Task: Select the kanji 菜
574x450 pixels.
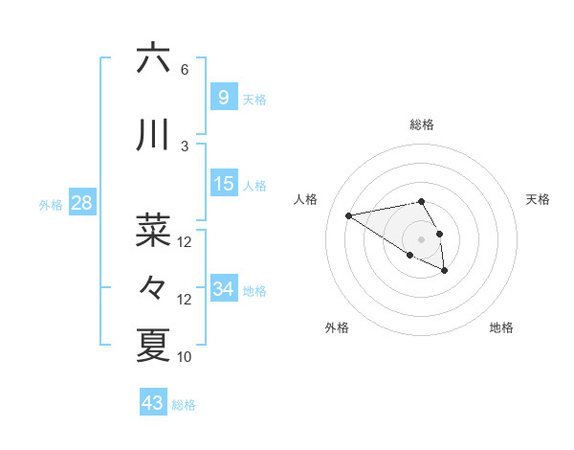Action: click(153, 230)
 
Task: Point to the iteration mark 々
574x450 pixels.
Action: click(153, 286)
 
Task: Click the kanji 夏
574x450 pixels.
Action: click(153, 345)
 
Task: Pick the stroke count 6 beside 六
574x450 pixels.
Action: click(185, 70)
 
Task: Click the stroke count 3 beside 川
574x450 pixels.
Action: click(185, 146)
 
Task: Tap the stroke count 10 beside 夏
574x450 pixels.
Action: click(185, 357)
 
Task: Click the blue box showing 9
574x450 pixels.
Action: click(223, 98)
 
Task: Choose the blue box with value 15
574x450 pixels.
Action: click(224, 184)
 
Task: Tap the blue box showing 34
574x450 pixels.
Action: click(224, 289)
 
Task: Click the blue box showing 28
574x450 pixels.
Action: click(80, 203)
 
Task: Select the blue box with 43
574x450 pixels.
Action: click(152, 403)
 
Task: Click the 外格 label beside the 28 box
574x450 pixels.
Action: click(50, 204)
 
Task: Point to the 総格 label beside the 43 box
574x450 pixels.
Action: click(184, 405)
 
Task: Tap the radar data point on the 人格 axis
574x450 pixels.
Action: click(349, 215)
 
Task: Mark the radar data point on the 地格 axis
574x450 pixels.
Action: click(445, 271)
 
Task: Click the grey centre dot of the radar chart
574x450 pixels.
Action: click(421, 238)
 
